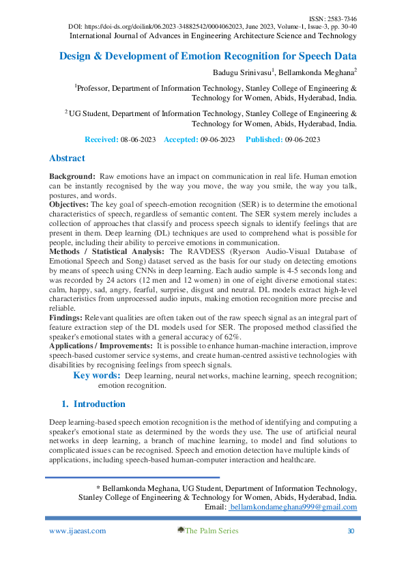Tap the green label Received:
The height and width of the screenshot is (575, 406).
(x=101, y=139)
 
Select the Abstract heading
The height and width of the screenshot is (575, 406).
(x=67, y=158)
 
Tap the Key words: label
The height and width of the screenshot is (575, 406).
(x=97, y=376)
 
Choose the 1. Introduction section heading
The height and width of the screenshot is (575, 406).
(x=93, y=404)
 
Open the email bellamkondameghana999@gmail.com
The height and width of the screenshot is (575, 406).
(x=293, y=508)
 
